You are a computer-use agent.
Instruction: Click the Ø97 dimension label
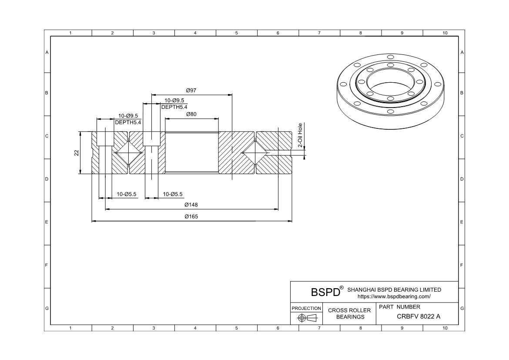pos(191,91)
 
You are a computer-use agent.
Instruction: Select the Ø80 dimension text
pos(191,114)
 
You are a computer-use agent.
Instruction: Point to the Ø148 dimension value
pos(191,205)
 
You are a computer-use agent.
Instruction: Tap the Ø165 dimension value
pos(191,217)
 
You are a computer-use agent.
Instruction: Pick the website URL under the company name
pos(394,296)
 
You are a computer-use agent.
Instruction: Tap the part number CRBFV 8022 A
pos(418,316)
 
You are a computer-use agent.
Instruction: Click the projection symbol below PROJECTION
pos(306,318)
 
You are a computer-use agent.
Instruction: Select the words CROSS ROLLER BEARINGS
pos(349,313)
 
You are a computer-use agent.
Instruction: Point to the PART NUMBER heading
pos(399,307)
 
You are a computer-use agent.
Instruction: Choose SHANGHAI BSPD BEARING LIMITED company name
pos(394,289)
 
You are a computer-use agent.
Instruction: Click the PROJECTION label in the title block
pos(306,308)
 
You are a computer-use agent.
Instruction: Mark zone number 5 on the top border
pos(236,33)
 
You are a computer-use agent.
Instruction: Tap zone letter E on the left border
pos(47,222)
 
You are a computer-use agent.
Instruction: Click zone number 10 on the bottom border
pos(445,328)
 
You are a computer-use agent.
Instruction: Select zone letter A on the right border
pos(462,52)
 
